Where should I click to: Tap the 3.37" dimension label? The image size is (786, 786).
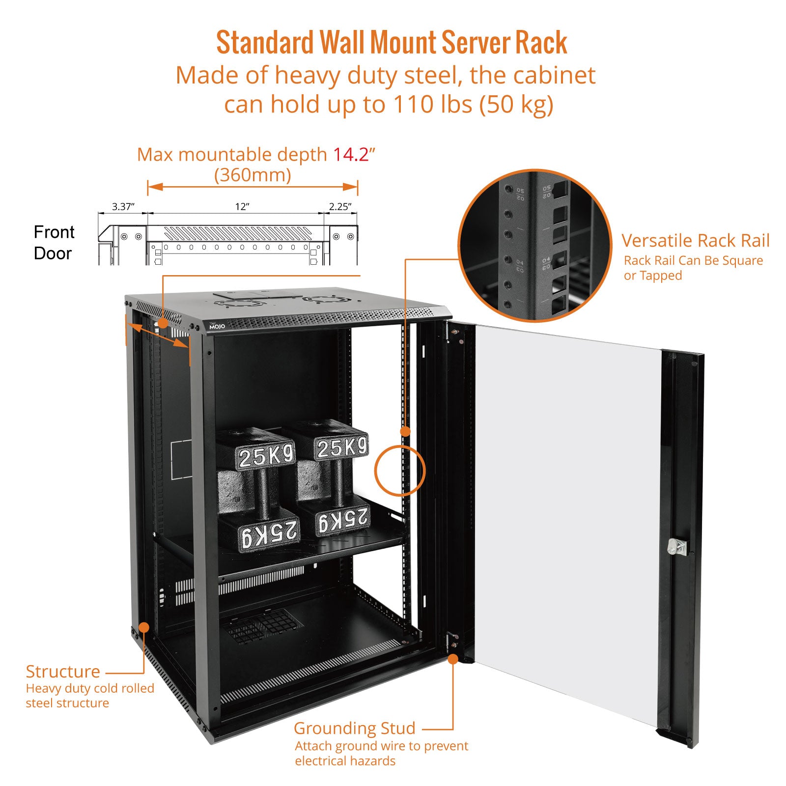(123, 206)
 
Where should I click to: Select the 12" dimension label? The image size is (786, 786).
(242, 206)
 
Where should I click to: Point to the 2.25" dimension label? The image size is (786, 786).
(340, 206)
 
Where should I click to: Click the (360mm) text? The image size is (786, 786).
(253, 175)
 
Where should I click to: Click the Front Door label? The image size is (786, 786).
(54, 243)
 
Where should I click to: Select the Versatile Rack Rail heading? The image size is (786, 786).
(695, 241)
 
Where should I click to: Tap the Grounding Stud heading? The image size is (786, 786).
(354, 728)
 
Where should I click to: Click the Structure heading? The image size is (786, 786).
(62, 671)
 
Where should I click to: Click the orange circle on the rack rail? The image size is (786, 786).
(399, 470)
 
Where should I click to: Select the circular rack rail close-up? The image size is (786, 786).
(534, 246)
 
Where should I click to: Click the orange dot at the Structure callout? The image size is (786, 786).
(144, 627)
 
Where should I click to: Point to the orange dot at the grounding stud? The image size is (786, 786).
(452, 659)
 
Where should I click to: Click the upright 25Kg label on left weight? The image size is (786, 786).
(266, 456)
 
